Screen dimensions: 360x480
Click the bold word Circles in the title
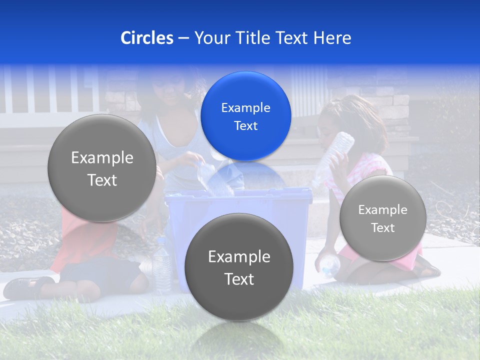(146, 38)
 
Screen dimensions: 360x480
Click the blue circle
(245, 116)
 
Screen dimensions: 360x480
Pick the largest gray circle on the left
(102, 168)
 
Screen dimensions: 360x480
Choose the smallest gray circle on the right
(382, 218)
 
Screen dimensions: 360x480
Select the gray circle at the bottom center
(238, 267)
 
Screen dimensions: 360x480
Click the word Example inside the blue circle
(245, 107)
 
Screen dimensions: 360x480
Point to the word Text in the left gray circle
(102, 180)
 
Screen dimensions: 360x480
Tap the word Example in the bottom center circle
(238, 256)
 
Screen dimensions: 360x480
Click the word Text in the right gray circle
(382, 228)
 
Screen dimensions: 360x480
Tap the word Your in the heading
(210, 38)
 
